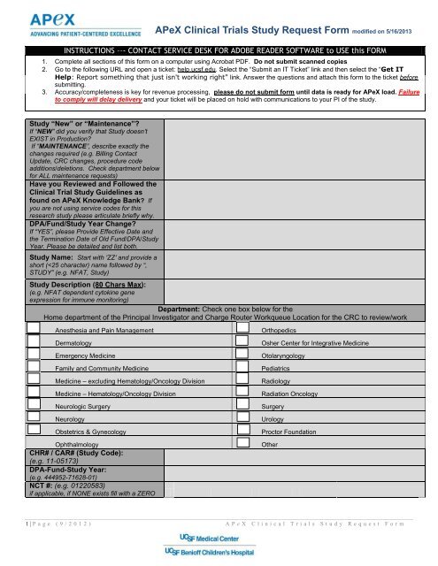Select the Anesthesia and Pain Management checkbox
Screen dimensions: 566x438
pos(34,329)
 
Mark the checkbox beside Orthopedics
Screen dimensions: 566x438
pos(242,329)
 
